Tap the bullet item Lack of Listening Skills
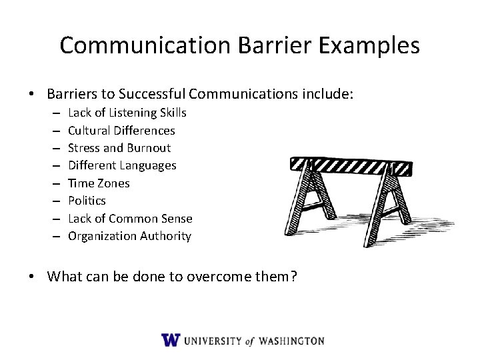click(127, 112)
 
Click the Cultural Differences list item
click(121, 130)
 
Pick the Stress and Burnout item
click(119, 147)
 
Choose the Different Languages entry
click(122, 165)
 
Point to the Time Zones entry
click(99, 183)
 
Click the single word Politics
click(87, 200)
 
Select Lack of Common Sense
click(130, 218)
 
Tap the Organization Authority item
click(129, 235)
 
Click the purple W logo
click(171, 340)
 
